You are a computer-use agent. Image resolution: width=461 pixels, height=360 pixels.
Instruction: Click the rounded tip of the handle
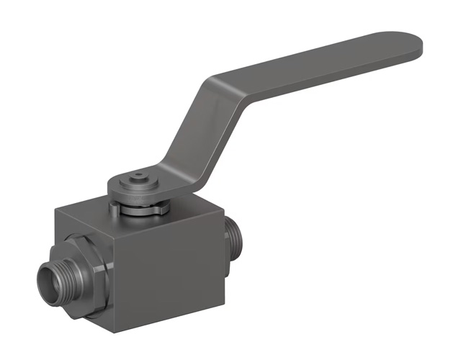click(411, 45)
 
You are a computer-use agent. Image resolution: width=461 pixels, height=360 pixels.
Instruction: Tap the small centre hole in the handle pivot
click(137, 175)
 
